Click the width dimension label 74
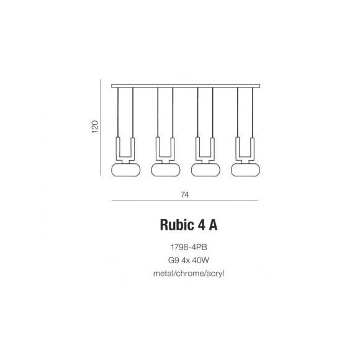click(184, 194)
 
